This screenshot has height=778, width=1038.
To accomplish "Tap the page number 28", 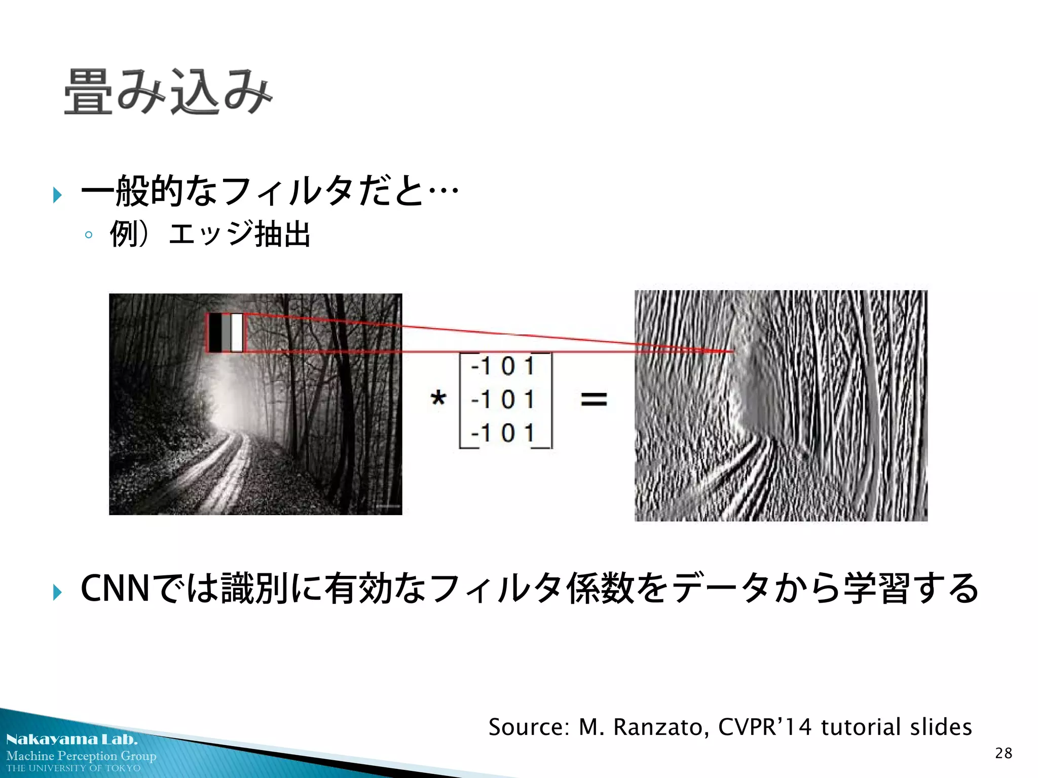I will coord(1004,753).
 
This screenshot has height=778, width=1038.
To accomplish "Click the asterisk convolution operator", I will coord(438,398).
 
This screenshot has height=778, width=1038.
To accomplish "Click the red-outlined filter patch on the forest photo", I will coord(226,333).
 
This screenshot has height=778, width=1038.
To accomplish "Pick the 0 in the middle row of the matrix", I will coord(508,400).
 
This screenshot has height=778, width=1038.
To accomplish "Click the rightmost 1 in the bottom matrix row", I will coord(530,433).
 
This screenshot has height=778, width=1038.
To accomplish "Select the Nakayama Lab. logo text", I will coord(72,740).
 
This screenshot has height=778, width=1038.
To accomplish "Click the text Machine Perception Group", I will coord(82,756).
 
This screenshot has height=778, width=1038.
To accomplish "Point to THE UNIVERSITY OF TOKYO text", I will coord(73,768).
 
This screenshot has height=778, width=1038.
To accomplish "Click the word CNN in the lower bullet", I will coord(115,589).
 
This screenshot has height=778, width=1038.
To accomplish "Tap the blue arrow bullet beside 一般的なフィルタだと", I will coord(57,194).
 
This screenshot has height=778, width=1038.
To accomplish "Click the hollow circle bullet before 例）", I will coord(89,235).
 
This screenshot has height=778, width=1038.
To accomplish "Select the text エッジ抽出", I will coord(239,234).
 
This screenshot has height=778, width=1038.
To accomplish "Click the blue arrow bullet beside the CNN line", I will coord(57,592).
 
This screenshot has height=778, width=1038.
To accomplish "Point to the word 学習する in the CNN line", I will coord(911,589).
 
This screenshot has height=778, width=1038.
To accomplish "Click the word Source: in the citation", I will coord(529,727).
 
